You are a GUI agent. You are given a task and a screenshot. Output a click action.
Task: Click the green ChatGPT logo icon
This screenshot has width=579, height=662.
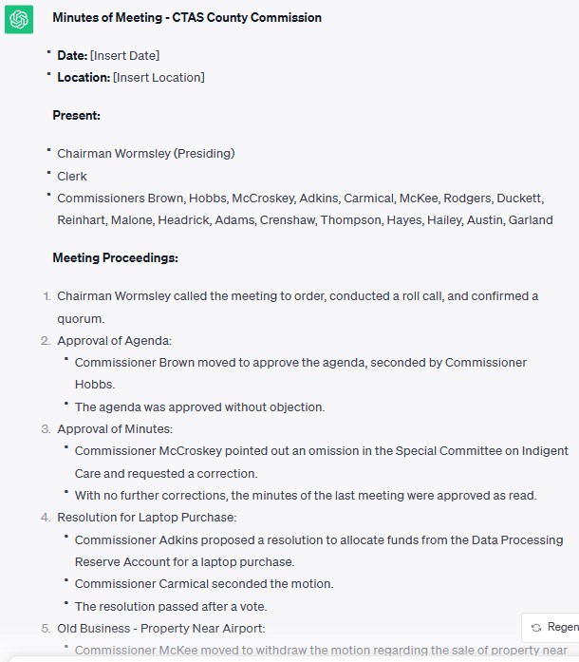coord(19,18)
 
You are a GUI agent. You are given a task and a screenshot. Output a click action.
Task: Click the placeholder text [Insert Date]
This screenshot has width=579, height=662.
coord(124,55)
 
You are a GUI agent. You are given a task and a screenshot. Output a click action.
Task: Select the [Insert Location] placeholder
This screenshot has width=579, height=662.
coord(159,77)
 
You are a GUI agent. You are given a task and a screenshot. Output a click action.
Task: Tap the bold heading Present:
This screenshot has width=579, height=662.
coord(76,115)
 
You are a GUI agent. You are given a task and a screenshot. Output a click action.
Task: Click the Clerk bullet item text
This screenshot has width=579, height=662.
coord(72,176)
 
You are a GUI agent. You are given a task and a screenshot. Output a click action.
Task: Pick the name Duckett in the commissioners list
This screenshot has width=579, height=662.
coord(520,198)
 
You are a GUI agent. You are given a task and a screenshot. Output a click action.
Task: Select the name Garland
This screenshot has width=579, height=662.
coord(531,219)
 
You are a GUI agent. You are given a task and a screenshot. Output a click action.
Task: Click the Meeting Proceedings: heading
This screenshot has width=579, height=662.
coord(115,257)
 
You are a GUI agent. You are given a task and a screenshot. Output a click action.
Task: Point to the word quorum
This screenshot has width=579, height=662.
coord(81,318)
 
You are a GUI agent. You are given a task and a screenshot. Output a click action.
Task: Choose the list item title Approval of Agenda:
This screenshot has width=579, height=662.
coord(114,340)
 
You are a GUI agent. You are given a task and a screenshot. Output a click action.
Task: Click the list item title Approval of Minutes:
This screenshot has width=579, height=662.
coord(115,428)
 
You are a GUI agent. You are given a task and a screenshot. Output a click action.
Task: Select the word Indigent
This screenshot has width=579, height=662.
coord(544,450)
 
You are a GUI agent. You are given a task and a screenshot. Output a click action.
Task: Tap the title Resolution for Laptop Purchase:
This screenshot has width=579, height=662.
coord(146,518)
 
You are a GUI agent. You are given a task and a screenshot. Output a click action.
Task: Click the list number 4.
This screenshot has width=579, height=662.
coord(46,518)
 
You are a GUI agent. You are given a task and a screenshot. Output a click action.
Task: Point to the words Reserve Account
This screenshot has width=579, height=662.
coord(119,561)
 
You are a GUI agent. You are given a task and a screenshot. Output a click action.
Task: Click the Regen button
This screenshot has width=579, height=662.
coord(554,627)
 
